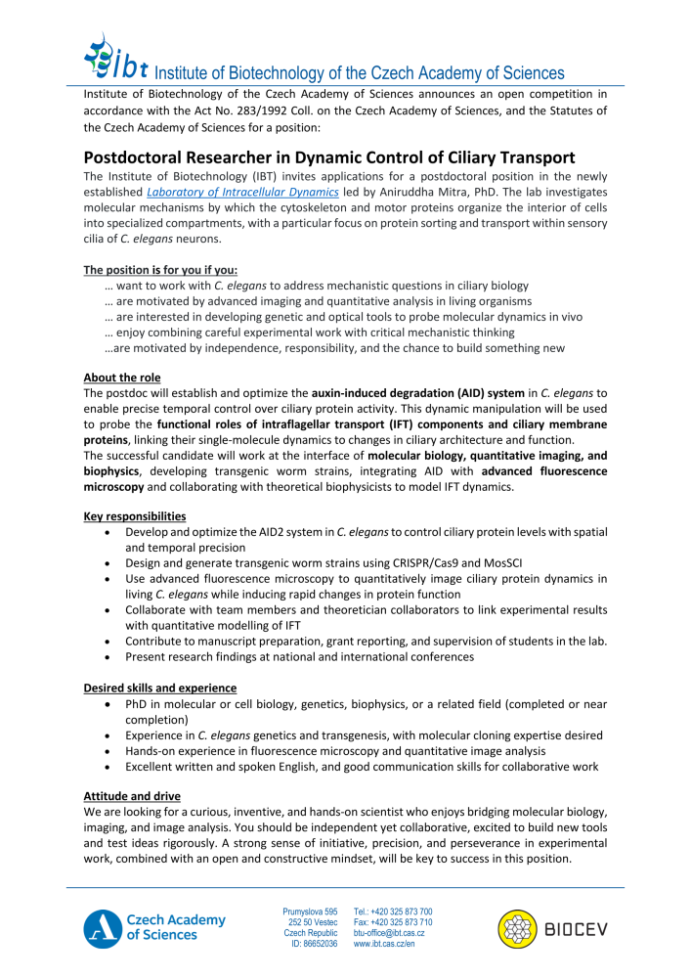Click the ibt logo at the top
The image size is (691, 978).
click(115, 58)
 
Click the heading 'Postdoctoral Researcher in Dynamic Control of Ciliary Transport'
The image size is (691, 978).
click(328, 157)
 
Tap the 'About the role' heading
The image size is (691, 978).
click(122, 378)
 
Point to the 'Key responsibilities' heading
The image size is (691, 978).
click(135, 514)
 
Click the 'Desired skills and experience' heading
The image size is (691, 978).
click(159, 688)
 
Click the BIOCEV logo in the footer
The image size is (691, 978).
click(551, 927)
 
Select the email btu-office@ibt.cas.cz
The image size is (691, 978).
click(389, 933)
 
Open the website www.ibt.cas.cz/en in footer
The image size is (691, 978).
click(384, 944)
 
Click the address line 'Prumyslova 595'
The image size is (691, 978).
click(311, 911)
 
